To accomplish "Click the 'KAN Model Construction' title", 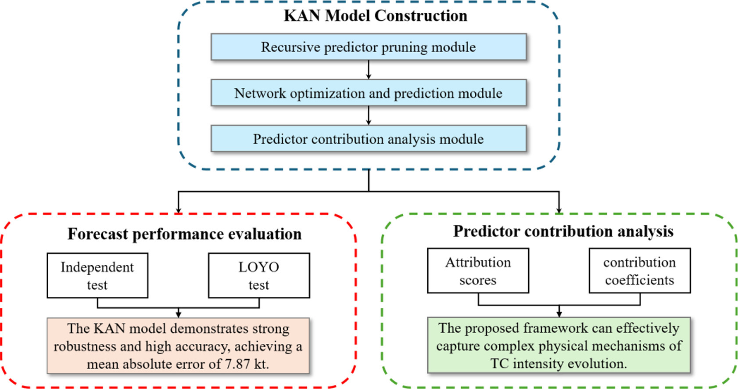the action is click(376, 15).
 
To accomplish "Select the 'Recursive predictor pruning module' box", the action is click(369, 47).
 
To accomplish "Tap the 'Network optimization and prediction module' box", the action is click(369, 93).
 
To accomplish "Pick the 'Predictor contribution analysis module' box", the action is click(369, 138).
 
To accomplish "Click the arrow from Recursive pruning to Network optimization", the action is click(369, 69).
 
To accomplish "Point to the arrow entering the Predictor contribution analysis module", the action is click(369, 115).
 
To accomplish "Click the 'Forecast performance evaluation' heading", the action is click(184, 234).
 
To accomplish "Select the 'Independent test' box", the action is click(97, 276).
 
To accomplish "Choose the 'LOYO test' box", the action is click(259, 276).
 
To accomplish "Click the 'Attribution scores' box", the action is click(478, 270).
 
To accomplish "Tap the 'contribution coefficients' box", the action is click(640, 270).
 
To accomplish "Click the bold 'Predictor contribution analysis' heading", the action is click(563, 231).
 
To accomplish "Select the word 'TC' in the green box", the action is click(499, 364).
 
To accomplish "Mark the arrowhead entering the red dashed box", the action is click(179, 210).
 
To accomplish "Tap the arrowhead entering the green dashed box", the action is click(559, 210).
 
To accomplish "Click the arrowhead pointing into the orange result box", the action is click(179, 314).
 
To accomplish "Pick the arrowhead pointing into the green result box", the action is click(559, 314).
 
